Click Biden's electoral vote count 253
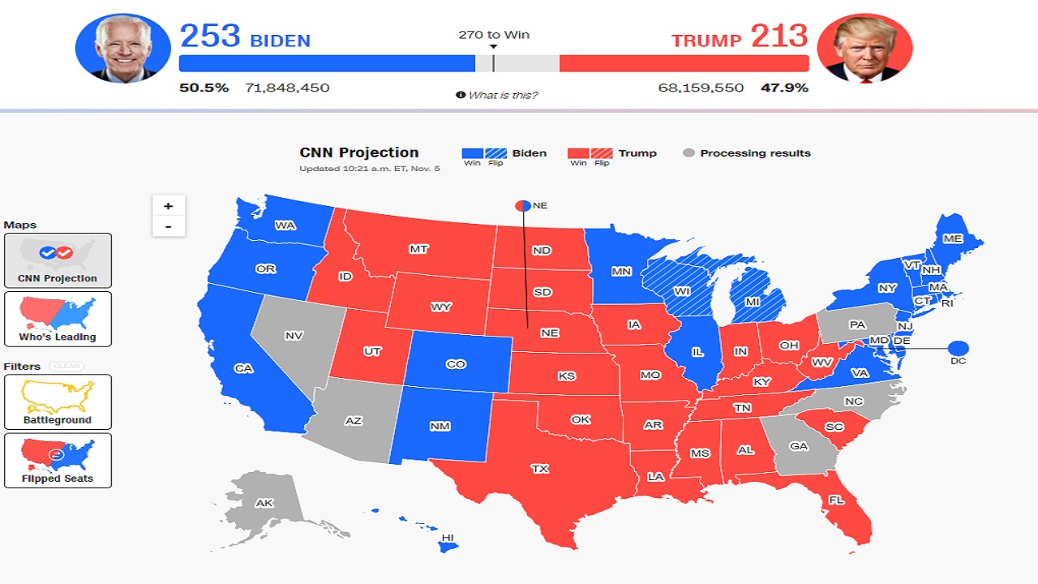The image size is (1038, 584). tap(210, 36)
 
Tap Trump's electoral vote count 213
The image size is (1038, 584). tap(778, 36)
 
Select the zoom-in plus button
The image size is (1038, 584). tap(169, 205)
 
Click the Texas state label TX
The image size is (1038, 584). tap(539, 469)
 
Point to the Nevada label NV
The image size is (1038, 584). tap(294, 335)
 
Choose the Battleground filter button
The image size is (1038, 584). tap(58, 401)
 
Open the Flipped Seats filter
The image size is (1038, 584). tap(58, 460)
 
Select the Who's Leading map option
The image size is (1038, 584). tap(58, 319)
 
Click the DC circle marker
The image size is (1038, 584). tap(958, 349)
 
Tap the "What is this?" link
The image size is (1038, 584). tap(502, 96)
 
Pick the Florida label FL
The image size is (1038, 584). tap(836, 500)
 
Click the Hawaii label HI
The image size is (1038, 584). tap(447, 538)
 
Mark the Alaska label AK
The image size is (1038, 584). tap(264, 503)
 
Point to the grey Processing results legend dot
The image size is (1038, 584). tap(688, 152)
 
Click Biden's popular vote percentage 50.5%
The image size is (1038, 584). tap(204, 88)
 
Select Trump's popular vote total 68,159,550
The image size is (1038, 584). tap(701, 88)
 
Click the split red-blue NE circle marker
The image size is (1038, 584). tap(522, 206)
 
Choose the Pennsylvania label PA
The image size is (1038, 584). tap(857, 324)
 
